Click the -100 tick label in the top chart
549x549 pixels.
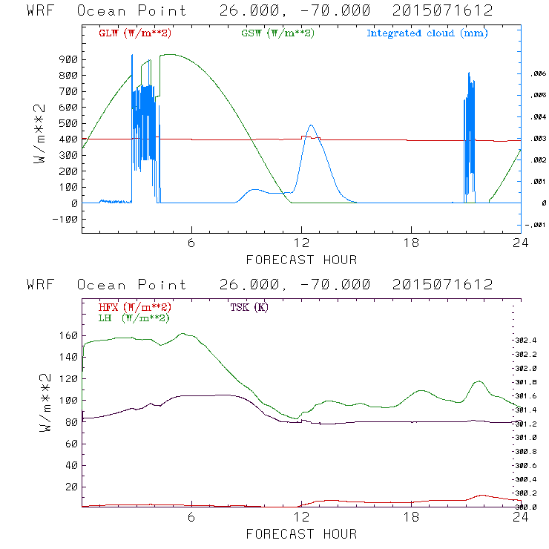click(65, 219)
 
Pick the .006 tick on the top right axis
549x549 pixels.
click(535, 74)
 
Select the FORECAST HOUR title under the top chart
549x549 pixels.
click(301, 260)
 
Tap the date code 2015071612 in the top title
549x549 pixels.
click(443, 10)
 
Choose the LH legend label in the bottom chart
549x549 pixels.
click(134, 318)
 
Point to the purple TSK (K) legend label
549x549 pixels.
click(248, 307)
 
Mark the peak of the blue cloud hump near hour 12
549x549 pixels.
click(311, 125)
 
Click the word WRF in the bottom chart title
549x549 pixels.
click(41, 285)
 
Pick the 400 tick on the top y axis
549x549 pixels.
click(67, 139)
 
